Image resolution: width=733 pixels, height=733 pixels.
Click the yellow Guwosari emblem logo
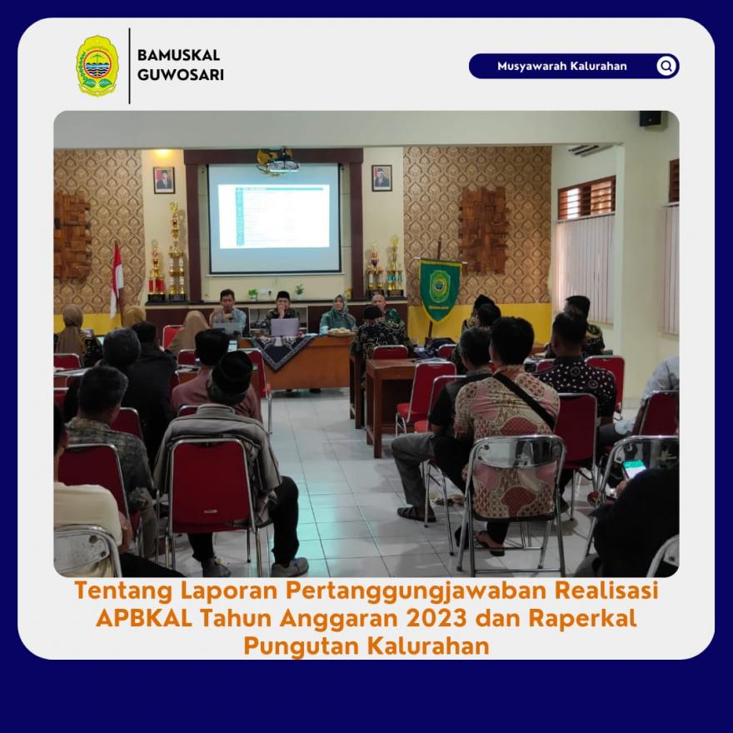tap(97, 66)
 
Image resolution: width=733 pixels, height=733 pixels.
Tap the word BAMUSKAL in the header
tap(178, 55)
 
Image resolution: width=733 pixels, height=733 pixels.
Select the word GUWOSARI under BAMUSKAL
tap(181, 75)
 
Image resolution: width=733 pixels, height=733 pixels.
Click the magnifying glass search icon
tap(666, 66)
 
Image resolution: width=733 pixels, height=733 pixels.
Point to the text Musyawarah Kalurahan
tap(562, 66)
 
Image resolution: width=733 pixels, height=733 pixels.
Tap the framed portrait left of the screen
tap(164, 180)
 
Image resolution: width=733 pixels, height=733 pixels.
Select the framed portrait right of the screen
tap(382, 177)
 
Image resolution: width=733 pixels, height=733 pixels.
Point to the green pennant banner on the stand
tap(440, 290)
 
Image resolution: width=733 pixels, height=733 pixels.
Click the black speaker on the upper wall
tap(651, 118)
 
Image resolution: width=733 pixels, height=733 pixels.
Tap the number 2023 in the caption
tap(436, 618)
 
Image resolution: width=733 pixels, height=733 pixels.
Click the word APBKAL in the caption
tap(144, 618)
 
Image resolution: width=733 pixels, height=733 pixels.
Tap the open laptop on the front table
tap(284, 327)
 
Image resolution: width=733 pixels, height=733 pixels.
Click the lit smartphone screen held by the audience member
tap(633, 468)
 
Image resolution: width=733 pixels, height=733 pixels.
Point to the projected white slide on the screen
tap(274, 216)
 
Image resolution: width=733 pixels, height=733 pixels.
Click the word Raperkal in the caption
tap(582, 619)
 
